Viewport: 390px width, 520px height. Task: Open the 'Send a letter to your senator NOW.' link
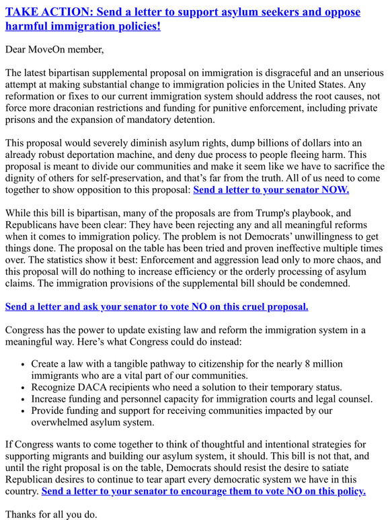[271, 189]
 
